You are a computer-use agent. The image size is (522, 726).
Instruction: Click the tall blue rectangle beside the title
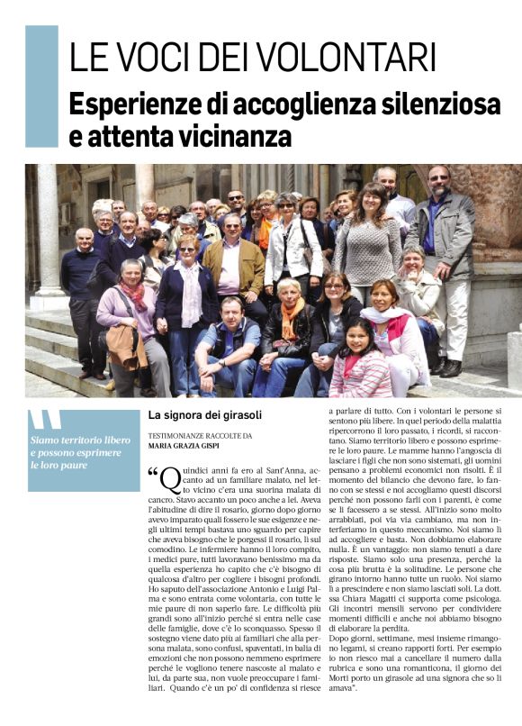tap(41, 86)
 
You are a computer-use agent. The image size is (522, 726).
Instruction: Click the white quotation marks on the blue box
tap(46, 422)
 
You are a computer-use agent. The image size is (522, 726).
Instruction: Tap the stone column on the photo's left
tap(47, 234)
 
